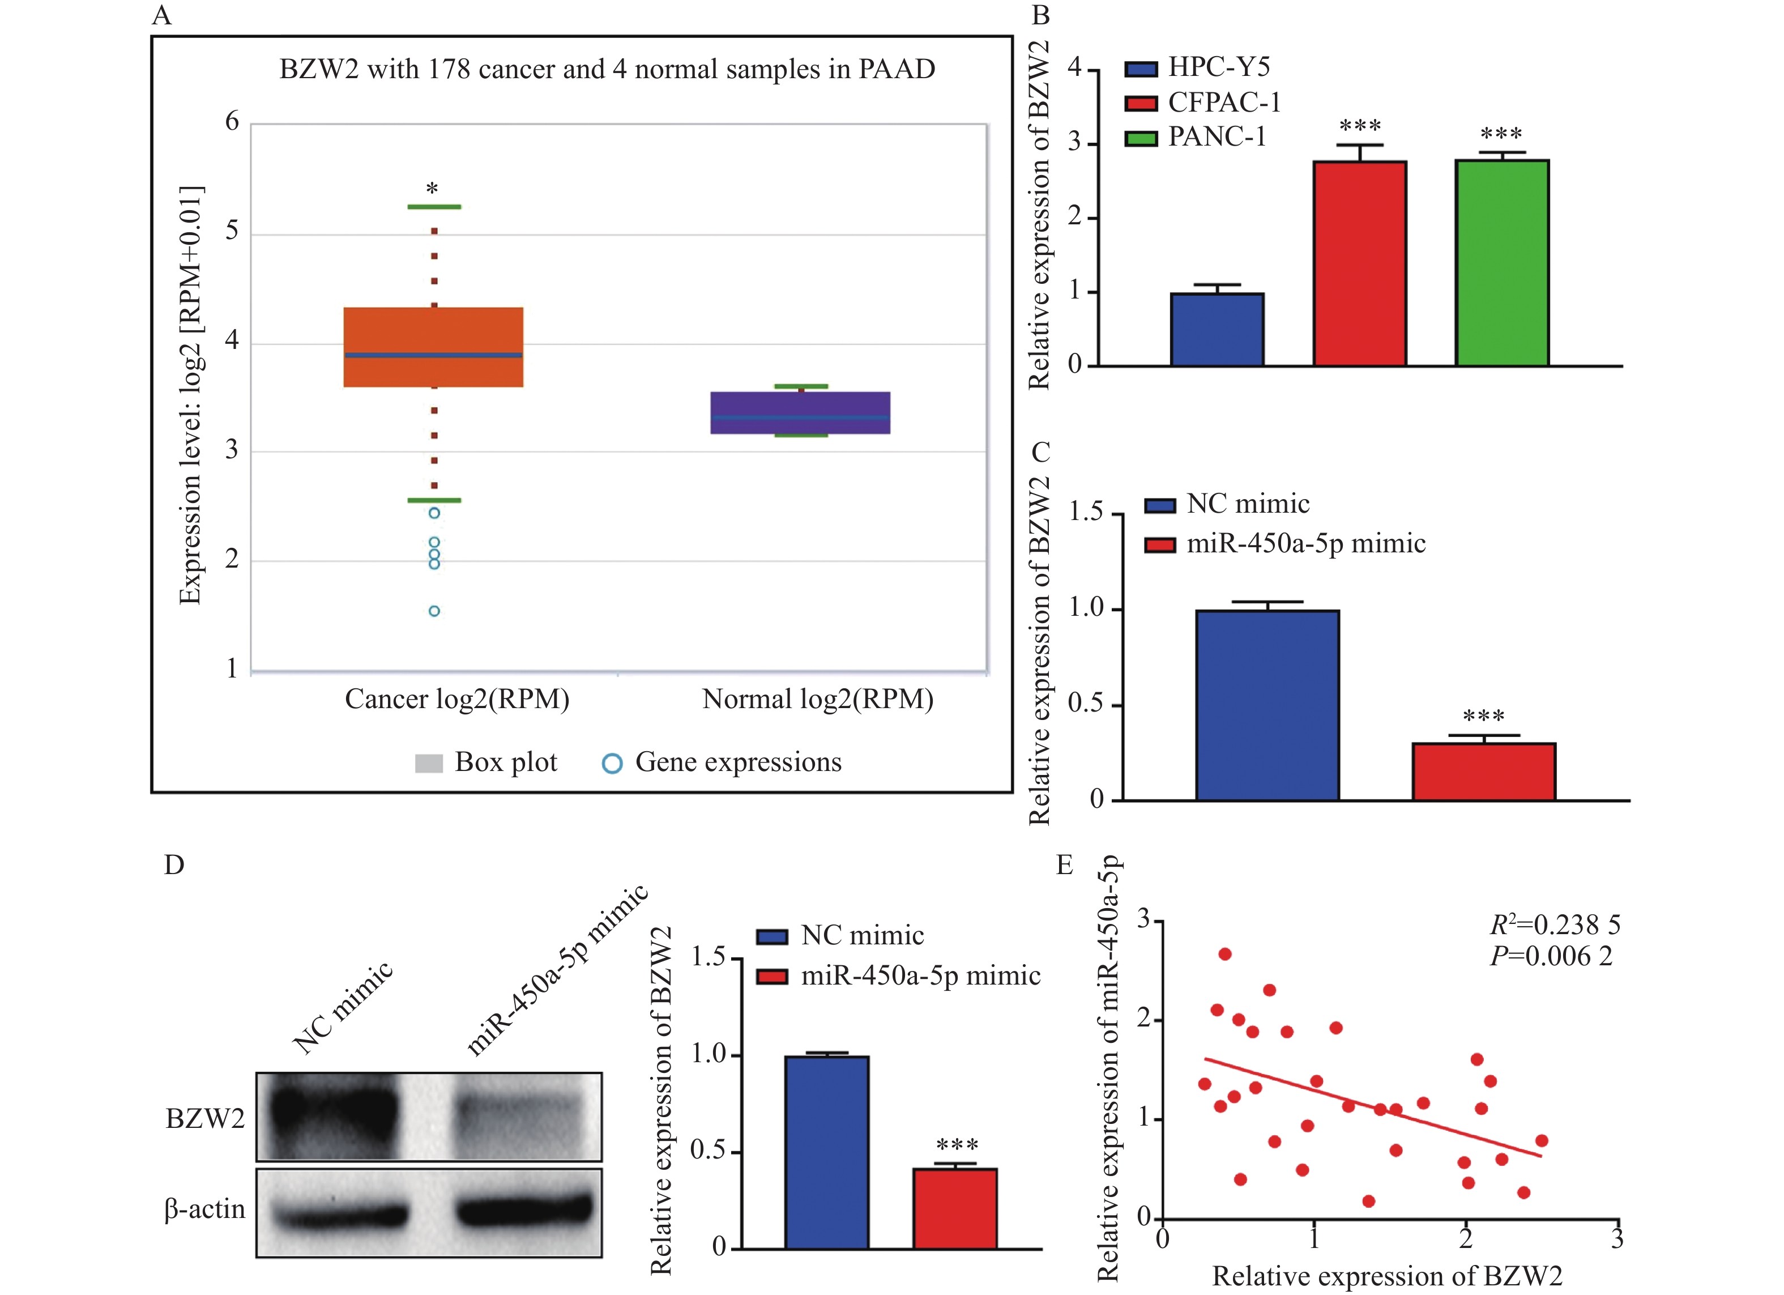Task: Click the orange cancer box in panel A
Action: (x=433, y=347)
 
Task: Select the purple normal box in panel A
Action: (x=800, y=412)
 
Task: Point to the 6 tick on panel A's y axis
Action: (x=232, y=122)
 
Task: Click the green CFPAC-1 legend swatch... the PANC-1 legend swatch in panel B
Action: (x=1141, y=138)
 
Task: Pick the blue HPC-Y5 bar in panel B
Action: (x=1217, y=330)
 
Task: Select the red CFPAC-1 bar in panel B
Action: (x=1359, y=263)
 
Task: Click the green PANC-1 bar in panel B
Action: (x=1501, y=263)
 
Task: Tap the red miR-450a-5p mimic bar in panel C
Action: (x=1483, y=772)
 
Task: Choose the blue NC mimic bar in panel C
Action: (x=1267, y=705)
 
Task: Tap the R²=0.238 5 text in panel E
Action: (x=1555, y=925)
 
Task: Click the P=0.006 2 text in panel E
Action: (x=1551, y=956)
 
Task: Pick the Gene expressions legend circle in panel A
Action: (x=612, y=763)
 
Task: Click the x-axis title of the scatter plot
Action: (x=1387, y=1275)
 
